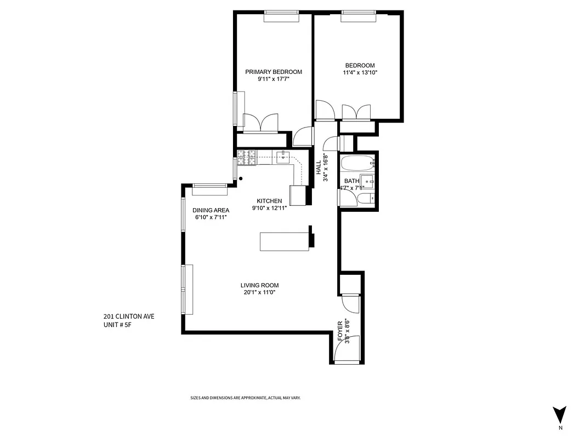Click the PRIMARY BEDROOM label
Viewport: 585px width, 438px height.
273,72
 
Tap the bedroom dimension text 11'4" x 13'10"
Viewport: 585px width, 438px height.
360,72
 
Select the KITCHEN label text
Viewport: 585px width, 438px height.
269,201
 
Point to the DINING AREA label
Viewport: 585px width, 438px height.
211,210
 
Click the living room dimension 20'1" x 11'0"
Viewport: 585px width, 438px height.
259,292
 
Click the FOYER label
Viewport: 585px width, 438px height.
340,331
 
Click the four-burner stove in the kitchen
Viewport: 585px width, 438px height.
247,157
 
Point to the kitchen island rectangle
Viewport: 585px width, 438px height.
285,241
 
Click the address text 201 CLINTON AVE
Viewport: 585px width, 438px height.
125,316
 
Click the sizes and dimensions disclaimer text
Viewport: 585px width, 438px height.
245,398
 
